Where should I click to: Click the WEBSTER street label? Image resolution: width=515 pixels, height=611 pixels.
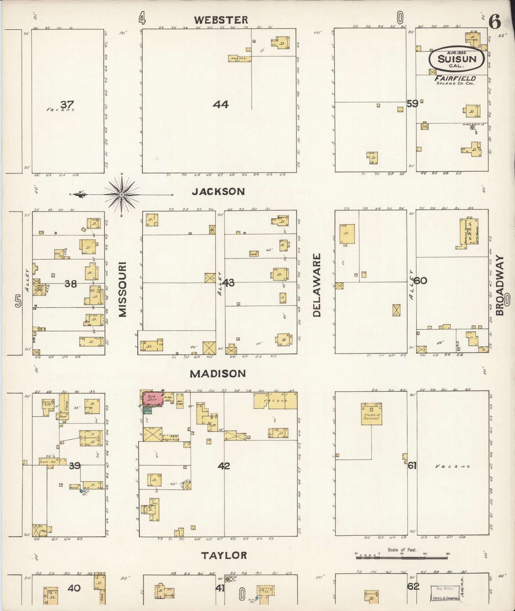point(221,20)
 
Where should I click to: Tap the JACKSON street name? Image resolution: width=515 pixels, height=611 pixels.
point(218,192)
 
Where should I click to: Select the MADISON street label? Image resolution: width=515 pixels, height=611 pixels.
point(217,374)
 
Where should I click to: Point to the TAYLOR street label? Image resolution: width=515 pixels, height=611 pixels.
point(224,555)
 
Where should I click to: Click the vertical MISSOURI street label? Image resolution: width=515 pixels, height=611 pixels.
point(123,289)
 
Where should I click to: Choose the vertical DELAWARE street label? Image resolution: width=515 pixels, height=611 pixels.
point(317,285)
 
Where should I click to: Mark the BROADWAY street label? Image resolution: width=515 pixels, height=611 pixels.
point(500,286)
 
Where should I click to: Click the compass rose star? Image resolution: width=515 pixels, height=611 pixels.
point(122,195)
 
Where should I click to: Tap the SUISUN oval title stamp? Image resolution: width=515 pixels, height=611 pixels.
point(457,59)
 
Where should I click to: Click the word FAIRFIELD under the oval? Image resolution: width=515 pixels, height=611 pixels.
point(455,78)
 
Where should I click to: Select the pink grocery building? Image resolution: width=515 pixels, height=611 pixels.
point(153,398)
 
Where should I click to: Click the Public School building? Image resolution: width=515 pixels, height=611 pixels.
point(372,414)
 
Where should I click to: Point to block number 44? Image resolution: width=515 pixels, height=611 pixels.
point(221,104)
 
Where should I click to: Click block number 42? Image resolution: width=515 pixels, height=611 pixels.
point(224,466)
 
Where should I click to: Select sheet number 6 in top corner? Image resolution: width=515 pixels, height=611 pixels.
point(495,22)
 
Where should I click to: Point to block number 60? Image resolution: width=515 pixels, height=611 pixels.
point(420,281)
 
